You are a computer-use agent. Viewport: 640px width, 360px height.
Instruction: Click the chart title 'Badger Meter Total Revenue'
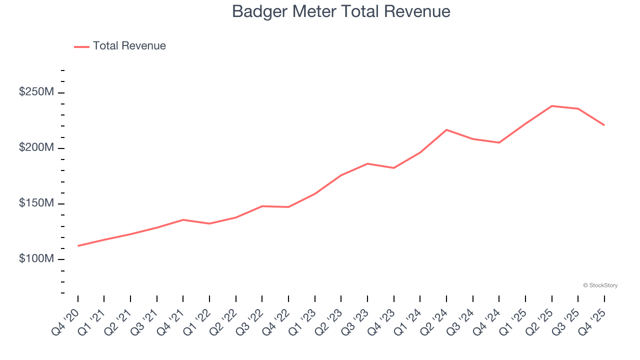point(341,11)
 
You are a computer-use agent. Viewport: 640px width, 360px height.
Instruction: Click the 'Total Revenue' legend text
point(129,46)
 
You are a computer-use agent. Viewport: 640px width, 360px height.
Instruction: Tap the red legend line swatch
point(81,46)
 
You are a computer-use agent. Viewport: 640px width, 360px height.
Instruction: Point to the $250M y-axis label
point(36,92)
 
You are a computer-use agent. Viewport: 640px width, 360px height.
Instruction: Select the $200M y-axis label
point(36,148)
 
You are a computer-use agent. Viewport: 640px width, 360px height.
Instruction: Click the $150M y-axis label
point(36,203)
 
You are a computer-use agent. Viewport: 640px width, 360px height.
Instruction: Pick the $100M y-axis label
point(36,259)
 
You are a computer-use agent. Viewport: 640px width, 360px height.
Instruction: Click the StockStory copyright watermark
point(600,285)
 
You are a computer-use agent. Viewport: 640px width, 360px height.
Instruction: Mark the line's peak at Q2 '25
point(552,106)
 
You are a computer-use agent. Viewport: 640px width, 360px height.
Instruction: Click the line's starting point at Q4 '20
point(78,246)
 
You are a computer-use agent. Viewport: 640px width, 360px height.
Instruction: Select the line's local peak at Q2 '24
point(446,130)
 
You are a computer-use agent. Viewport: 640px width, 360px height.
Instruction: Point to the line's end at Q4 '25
point(604,125)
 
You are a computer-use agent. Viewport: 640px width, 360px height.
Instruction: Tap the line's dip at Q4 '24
point(499,142)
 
